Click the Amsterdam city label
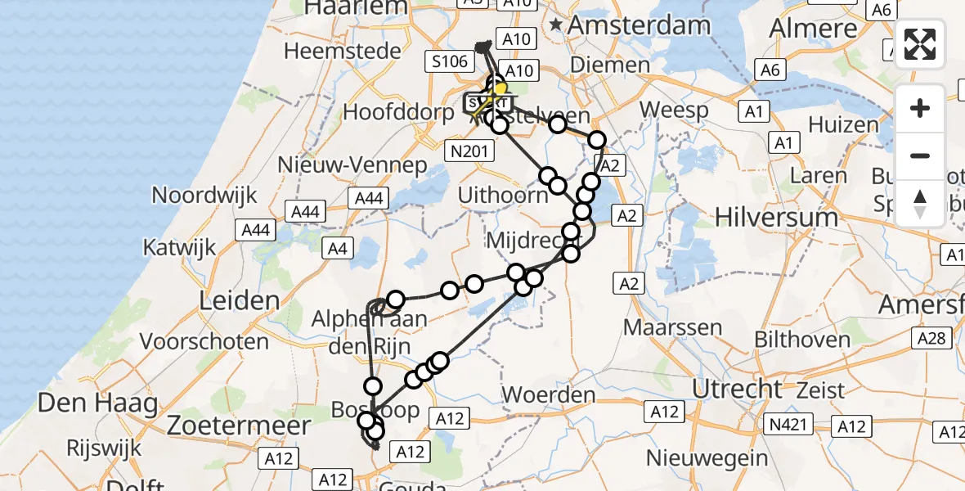[x=639, y=25]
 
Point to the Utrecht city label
[x=738, y=388]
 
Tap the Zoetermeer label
[x=239, y=426]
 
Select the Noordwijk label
[x=204, y=196]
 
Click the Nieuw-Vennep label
[x=352, y=165]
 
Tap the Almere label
[x=814, y=28]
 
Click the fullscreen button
[x=920, y=44]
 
